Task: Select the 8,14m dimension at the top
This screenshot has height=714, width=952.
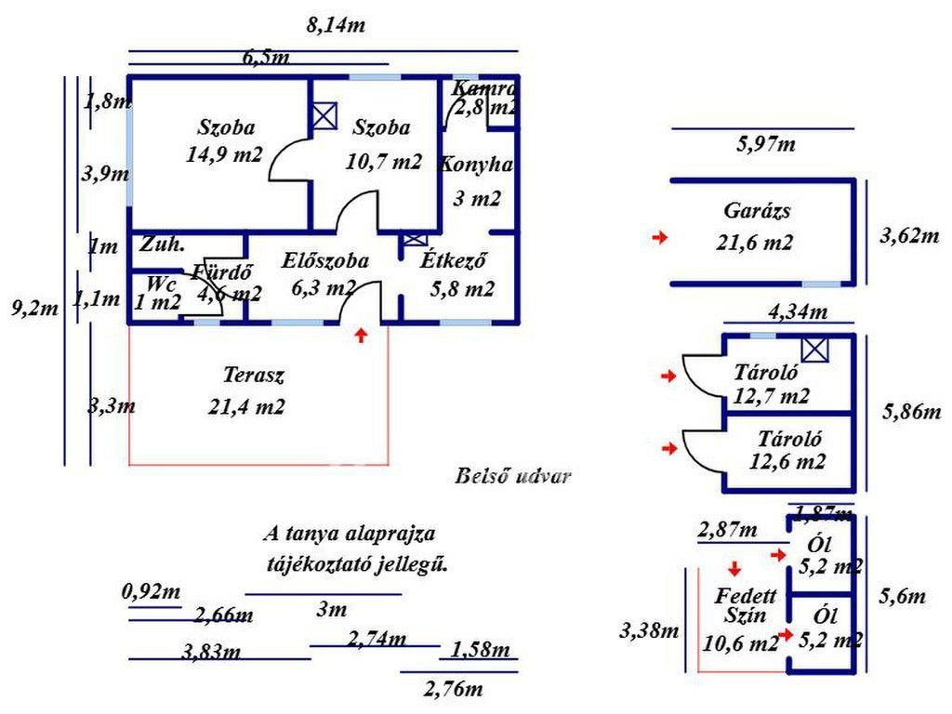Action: click(336, 26)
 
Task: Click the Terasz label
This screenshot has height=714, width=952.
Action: click(253, 376)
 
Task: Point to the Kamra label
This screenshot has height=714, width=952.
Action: click(483, 89)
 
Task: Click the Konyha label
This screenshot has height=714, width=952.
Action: click(474, 165)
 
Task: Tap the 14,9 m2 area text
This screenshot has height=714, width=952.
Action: click(224, 154)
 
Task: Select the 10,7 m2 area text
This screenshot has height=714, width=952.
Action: click(383, 161)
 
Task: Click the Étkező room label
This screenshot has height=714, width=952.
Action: click(456, 261)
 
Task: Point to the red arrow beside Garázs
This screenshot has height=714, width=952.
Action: click(660, 239)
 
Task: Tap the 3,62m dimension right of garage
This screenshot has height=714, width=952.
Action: click(909, 235)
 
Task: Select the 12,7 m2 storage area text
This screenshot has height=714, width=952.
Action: click(772, 397)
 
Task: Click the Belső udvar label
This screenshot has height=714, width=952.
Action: click(513, 477)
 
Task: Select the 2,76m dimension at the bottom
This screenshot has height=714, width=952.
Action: click(453, 690)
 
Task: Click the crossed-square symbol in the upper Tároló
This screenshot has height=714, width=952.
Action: click(815, 350)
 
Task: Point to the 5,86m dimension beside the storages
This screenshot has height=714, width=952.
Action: click(909, 410)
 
